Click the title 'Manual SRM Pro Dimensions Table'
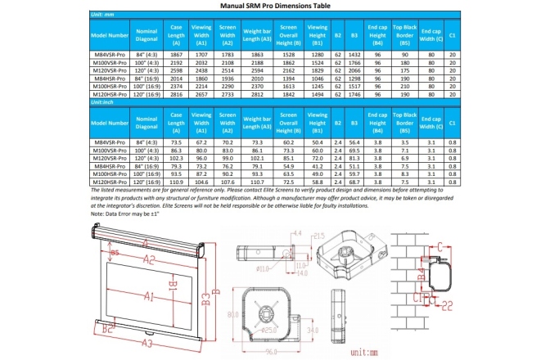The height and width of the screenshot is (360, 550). point(274,5)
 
